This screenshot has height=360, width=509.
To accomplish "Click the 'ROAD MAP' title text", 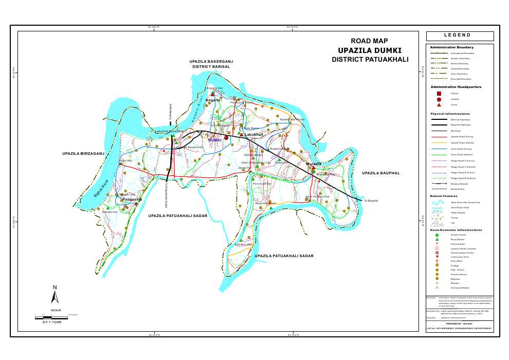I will click(x=369, y=41).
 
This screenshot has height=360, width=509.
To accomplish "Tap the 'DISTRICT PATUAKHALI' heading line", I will click(x=370, y=60).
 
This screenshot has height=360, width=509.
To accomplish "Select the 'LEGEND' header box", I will click(x=460, y=35).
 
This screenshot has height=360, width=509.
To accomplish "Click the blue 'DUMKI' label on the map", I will click(x=214, y=140).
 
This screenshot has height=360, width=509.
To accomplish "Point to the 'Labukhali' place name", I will click(x=254, y=134).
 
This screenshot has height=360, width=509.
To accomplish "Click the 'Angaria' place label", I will click(x=213, y=100).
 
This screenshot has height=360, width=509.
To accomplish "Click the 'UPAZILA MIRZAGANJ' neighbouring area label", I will click(x=84, y=154).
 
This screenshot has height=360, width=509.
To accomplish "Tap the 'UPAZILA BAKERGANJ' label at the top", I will click(x=211, y=61).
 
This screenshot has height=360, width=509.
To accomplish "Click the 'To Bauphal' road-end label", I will click(x=371, y=201).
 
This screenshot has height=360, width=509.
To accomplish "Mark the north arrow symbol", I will click(x=55, y=295).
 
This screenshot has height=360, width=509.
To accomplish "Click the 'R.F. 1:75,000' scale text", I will click(x=51, y=322).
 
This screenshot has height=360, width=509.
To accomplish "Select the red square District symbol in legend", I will click(x=439, y=94).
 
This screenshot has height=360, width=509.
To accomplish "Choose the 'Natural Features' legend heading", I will click(x=444, y=196).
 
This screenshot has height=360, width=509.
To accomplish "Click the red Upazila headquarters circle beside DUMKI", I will click(x=226, y=137).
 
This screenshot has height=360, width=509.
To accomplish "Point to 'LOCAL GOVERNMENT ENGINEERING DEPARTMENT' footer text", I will click(x=460, y=328).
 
